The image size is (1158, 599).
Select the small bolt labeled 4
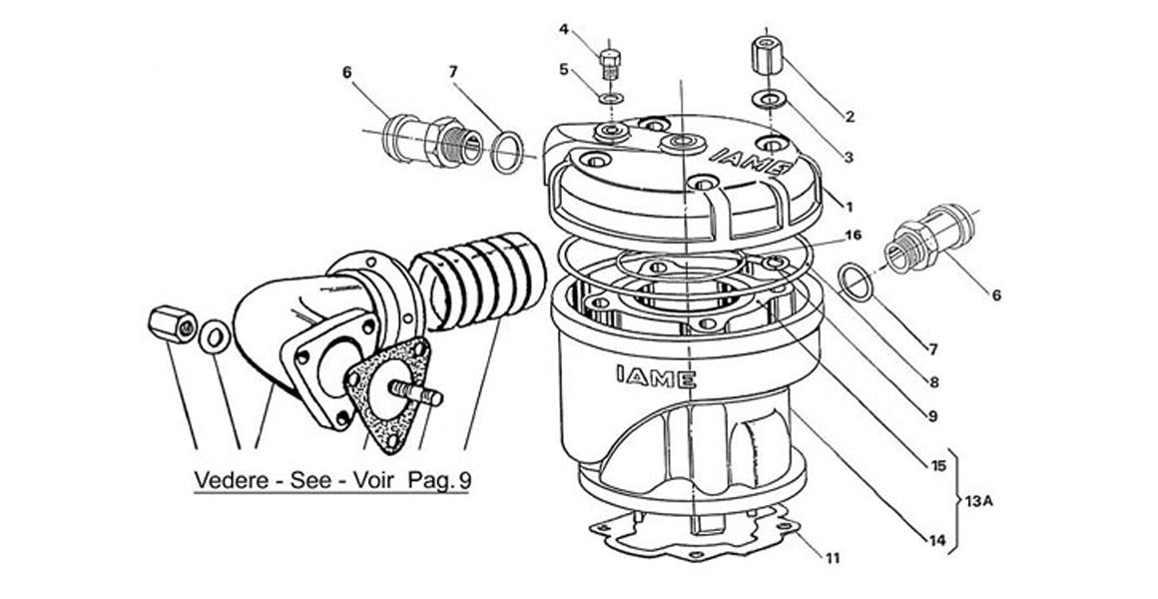click(x=607, y=61)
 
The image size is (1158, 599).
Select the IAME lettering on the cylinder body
click(x=649, y=376)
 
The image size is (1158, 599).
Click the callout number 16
click(x=853, y=236)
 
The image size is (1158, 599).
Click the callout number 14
click(x=935, y=541)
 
